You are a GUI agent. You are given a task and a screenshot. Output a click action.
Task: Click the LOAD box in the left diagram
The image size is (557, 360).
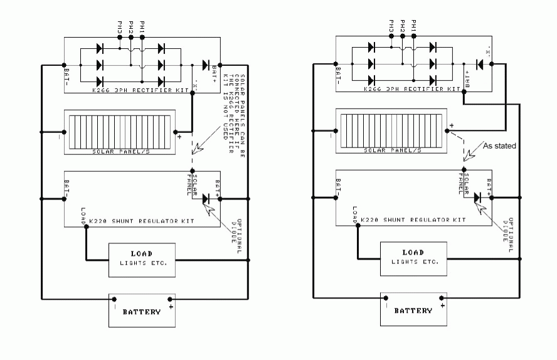pyautogui.click(x=143, y=258)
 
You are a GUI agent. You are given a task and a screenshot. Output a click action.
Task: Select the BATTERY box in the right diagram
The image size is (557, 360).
pyautogui.click(x=413, y=310)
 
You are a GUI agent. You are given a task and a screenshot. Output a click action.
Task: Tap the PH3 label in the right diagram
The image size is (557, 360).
pyautogui.click(x=391, y=26)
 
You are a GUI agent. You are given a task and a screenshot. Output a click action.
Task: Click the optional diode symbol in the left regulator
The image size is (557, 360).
pyautogui.click(x=206, y=199)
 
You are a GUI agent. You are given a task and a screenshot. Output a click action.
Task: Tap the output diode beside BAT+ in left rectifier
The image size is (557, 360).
pyautogui.click(x=205, y=65)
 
